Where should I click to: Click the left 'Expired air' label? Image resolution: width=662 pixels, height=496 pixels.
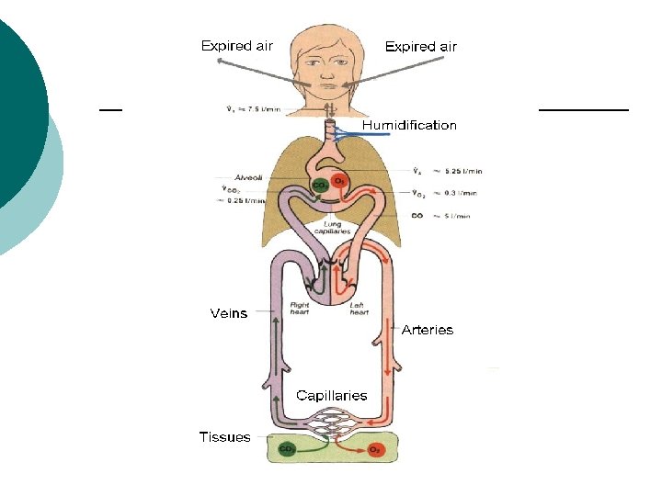click(236, 45)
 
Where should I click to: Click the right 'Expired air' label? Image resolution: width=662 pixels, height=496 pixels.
click(420, 46)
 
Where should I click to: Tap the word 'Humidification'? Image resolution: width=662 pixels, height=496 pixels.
click(408, 125)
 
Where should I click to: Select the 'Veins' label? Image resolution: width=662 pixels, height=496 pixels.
click(229, 313)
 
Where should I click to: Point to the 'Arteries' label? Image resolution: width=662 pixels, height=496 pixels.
click(428, 330)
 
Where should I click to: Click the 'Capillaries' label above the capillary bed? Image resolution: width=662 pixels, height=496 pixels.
click(331, 396)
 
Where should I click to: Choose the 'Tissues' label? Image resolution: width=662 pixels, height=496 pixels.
click(224, 437)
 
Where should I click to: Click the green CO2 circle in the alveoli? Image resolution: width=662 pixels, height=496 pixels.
click(320, 184)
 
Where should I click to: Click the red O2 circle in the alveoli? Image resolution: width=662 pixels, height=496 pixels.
click(339, 180)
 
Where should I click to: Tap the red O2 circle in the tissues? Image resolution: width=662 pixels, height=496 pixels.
click(375, 450)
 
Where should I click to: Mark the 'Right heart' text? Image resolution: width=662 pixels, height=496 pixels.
click(300, 308)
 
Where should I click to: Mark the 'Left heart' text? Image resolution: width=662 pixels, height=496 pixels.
click(360, 308)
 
